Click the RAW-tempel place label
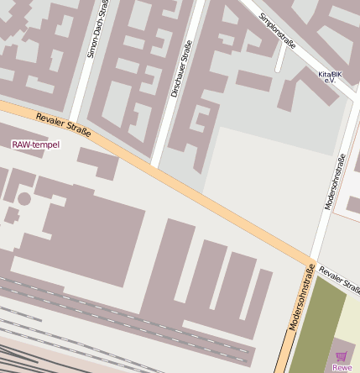[36, 144]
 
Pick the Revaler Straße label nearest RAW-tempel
[64, 125]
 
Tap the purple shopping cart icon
[341, 356]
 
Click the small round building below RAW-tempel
[24, 199]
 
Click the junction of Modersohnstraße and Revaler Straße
[310, 260]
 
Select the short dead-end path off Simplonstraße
[280, 62]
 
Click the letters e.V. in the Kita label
[329, 80]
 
